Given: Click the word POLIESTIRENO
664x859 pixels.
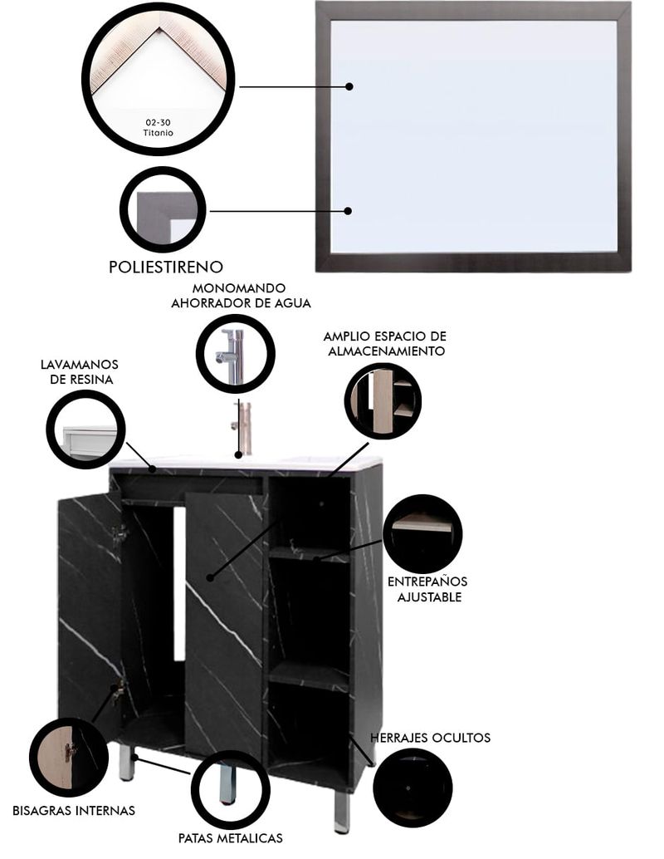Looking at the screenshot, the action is [x=166, y=267].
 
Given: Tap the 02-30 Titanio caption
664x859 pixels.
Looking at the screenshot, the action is [x=159, y=128].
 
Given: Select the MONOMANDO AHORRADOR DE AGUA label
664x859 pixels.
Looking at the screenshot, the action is [x=241, y=295].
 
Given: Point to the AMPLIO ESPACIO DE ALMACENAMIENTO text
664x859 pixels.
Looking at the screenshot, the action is [x=385, y=343].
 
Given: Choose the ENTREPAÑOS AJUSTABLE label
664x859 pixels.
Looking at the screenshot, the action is [x=427, y=589].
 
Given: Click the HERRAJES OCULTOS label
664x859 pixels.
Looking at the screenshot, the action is [x=430, y=738].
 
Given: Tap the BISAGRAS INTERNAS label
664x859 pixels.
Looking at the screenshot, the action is [x=74, y=810].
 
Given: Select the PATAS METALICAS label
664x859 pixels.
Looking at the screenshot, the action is [x=231, y=837].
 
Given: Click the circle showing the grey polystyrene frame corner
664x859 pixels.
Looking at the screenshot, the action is [x=163, y=210].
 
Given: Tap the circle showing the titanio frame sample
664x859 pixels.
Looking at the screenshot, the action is [x=159, y=78].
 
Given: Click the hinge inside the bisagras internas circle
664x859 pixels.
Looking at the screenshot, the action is [x=70, y=752].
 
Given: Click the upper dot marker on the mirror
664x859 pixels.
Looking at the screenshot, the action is [x=349, y=86].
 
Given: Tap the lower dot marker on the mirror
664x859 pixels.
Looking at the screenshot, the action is [x=348, y=211].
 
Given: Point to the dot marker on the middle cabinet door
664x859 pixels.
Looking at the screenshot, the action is [x=210, y=577].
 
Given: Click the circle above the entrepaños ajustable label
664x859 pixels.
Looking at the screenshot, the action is [x=427, y=534].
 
